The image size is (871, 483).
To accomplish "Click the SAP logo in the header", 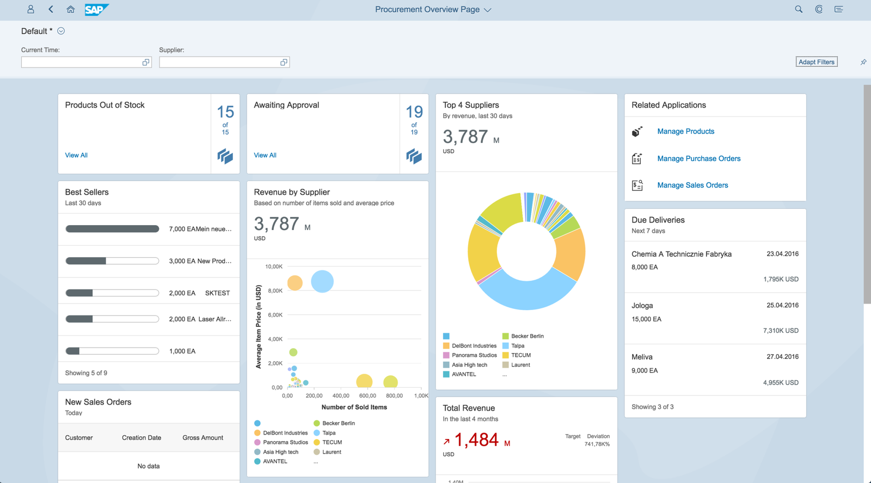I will click(96, 9).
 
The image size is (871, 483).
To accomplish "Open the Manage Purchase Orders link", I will click(698, 159).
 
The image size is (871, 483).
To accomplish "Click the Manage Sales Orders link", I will click(692, 185).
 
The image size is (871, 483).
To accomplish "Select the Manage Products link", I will click(685, 132).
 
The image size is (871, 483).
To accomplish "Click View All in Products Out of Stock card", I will click(76, 156).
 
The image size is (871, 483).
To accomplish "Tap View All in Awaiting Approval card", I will click(265, 156).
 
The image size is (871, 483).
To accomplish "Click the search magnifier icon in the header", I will click(799, 9).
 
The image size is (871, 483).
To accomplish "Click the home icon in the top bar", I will click(70, 9).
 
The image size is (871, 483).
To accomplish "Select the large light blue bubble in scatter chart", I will click(322, 281).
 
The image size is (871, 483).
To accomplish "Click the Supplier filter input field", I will click(219, 63).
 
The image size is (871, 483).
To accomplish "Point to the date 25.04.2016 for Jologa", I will click(782, 306).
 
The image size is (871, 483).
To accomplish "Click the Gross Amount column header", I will click(203, 438).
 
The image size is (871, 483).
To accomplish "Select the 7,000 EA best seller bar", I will click(112, 229).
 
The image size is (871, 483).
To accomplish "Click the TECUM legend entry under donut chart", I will click(520, 355).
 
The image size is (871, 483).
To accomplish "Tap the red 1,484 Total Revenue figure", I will click(476, 440).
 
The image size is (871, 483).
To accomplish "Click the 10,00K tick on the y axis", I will click(274, 267).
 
